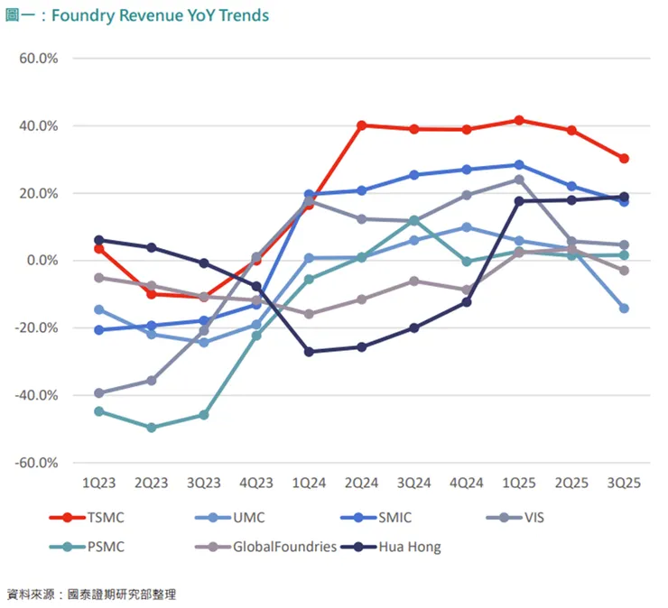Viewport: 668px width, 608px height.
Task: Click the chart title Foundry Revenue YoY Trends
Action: (x=136, y=15)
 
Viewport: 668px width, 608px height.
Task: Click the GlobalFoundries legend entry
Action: (x=284, y=546)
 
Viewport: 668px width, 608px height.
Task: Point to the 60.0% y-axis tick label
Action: (x=38, y=59)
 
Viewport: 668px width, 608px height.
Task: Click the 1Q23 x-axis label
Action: (x=98, y=484)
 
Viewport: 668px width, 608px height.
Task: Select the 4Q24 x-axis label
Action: (x=466, y=484)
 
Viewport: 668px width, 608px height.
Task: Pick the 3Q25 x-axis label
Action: (x=623, y=484)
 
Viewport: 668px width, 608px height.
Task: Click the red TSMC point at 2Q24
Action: (x=361, y=125)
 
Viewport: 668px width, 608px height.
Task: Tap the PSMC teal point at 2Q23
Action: (x=152, y=428)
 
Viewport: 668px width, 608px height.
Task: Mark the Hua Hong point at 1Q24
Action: (x=309, y=352)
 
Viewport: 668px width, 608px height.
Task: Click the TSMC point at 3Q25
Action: (x=624, y=159)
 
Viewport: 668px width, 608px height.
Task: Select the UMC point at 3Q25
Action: (x=624, y=309)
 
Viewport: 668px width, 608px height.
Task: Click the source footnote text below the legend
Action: (x=91, y=594)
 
